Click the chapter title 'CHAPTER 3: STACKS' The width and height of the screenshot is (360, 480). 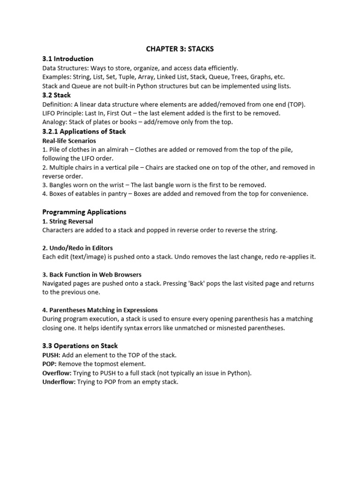coord(180,49)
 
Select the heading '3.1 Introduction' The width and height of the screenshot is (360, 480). coord(67,59)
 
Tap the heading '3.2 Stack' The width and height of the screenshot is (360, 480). coord(56,95)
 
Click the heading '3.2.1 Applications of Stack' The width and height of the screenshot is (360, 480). coord(84,132)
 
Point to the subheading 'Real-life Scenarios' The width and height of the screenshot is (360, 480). coord(69,141)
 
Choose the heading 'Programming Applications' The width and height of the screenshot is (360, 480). coord(84,212)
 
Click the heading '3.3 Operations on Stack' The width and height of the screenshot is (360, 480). coord(80,346)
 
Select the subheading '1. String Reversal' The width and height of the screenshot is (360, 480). coord(67,221)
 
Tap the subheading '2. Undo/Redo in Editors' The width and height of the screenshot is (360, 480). coord(77,248)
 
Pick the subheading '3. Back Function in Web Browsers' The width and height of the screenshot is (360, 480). coord(92,275)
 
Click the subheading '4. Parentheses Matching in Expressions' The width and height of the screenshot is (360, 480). coord(100,310)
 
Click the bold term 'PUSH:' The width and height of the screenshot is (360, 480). coord(51,355)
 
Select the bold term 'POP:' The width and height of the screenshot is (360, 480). coord(49,364)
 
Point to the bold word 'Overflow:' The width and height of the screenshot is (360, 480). coord(57,373)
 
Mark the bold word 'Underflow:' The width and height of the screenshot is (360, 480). coord(59,382)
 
